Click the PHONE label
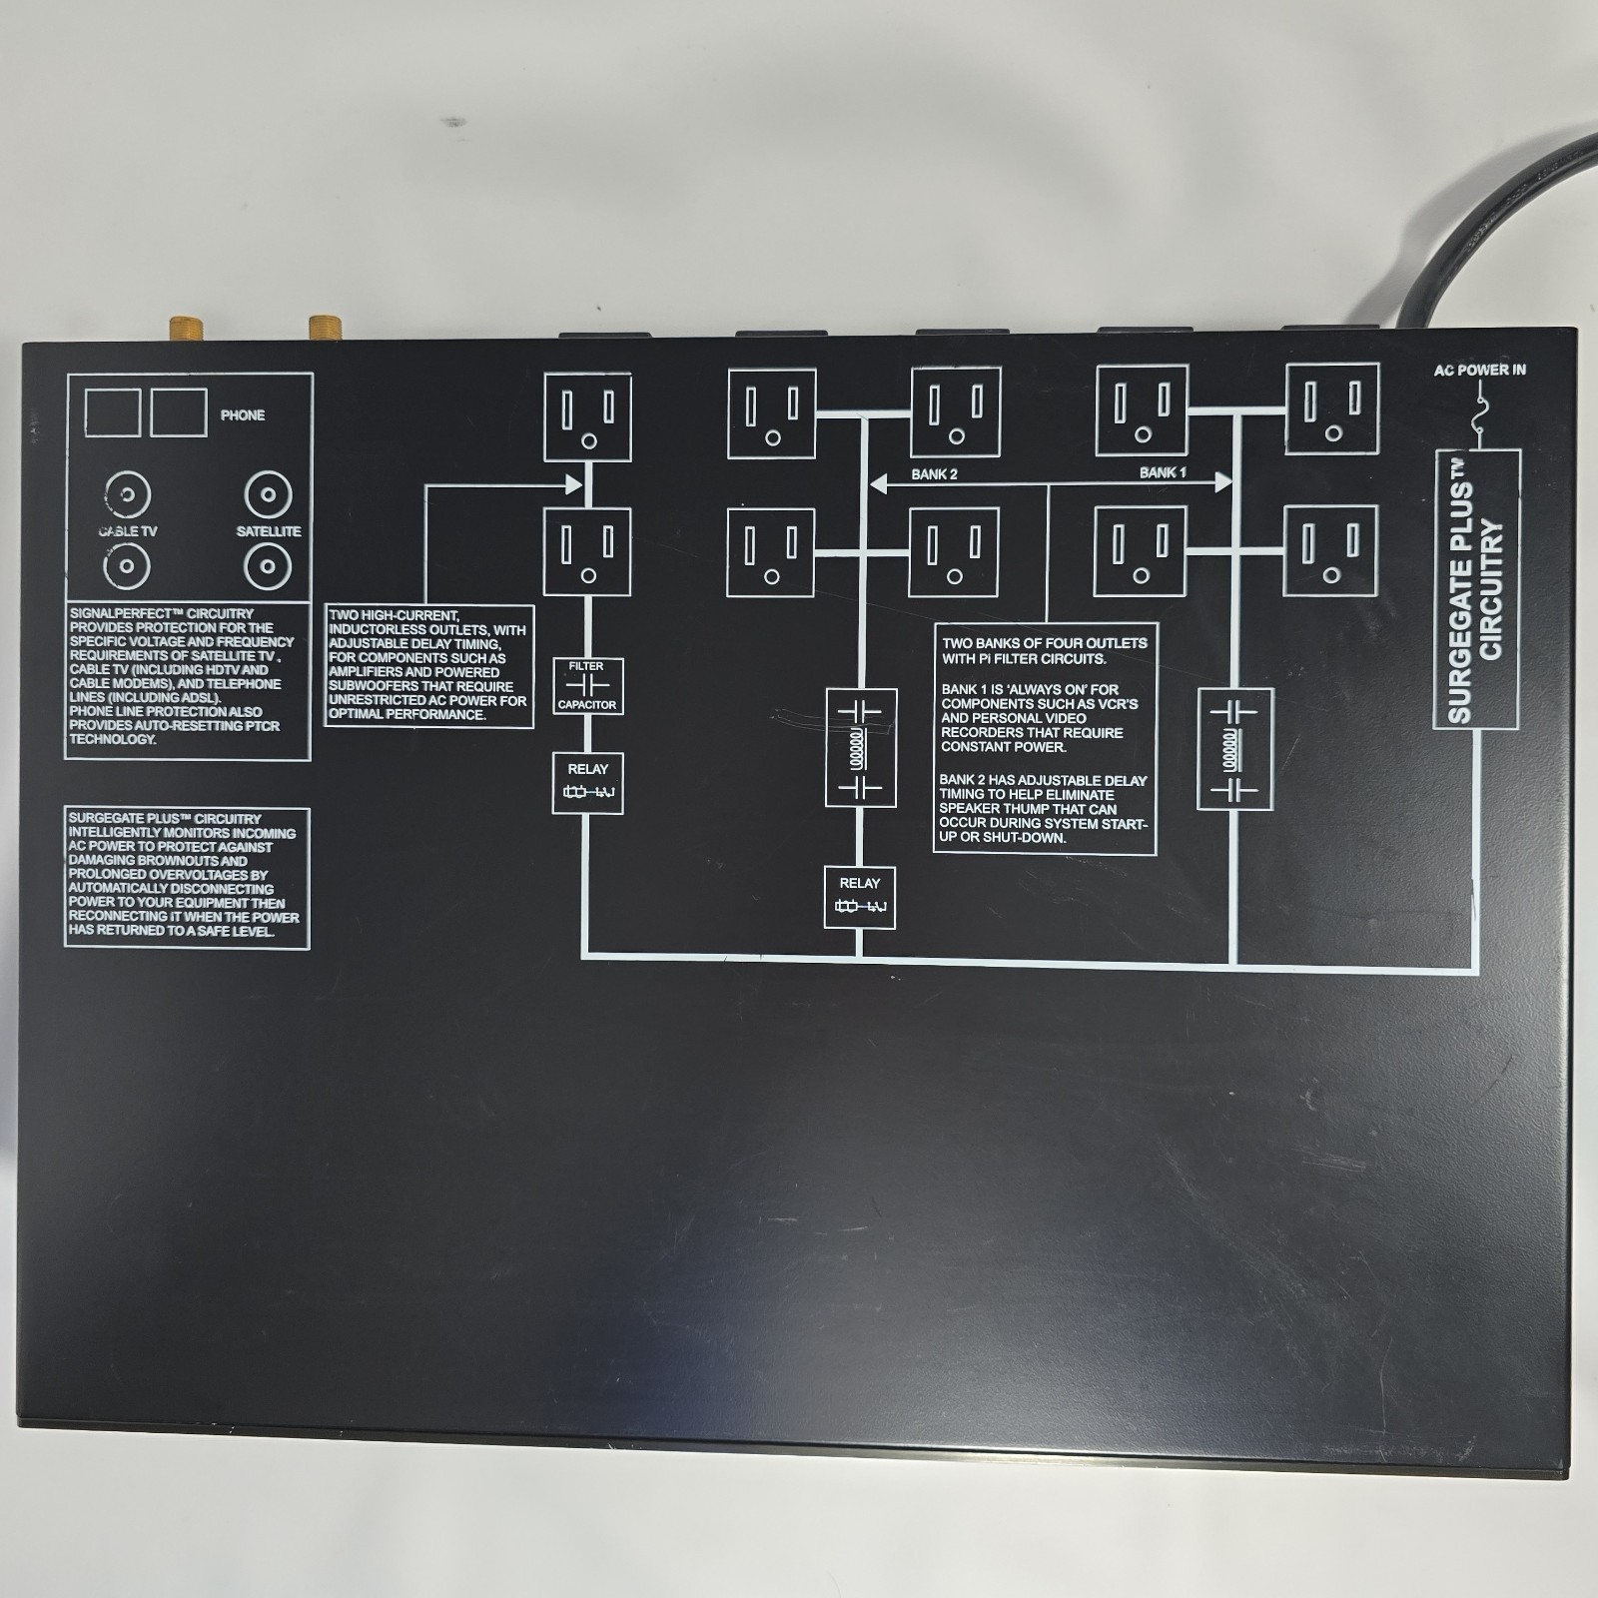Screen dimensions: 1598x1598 [243, 415]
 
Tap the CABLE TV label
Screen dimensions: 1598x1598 [128, 531]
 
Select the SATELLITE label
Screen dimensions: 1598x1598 [269, 531]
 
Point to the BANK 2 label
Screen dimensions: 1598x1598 [934, 474]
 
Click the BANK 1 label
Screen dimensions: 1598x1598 [1163, 472]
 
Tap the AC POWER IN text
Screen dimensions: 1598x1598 [1479, 371]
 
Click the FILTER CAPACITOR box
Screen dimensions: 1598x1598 [587, 685]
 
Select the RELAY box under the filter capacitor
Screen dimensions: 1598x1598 [587, 783]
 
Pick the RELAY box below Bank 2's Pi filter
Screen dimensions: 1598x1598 [859, 897]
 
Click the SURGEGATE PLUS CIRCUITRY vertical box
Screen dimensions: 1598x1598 [1476, 589]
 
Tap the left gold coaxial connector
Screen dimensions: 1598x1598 [183, 328]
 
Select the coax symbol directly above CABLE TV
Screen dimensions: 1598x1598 [128, 494]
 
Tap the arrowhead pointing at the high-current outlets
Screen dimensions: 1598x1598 [574, 484]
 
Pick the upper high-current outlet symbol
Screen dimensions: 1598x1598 [587, 417]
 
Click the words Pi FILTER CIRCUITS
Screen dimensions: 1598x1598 [1039, 659]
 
